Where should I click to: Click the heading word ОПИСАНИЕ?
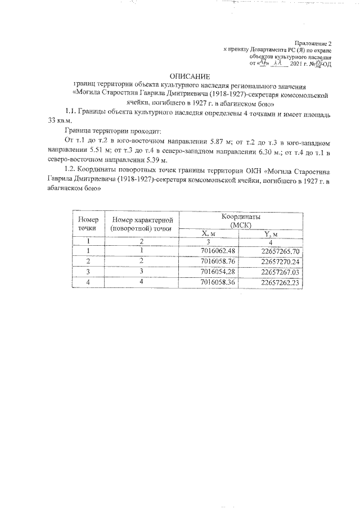(x=190, y=76)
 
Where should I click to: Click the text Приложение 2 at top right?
(x=314, y=43)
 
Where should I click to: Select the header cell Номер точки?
(x=88, y=224)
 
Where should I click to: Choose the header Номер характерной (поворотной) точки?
(x=141, y=224)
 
